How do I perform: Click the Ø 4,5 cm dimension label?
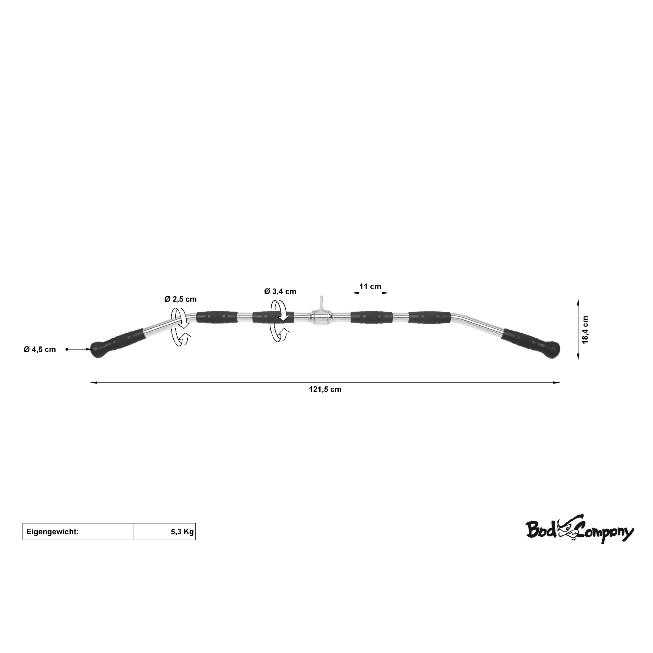point(40,349)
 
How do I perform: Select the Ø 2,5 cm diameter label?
point(180,299)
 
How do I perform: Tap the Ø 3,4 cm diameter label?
point(280,291)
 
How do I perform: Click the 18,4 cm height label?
point(585,330)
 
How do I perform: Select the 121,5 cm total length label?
point(325,389)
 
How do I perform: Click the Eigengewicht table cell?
point(78,532)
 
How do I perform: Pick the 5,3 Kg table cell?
point(165,532)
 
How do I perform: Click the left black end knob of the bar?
point(98,351)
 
